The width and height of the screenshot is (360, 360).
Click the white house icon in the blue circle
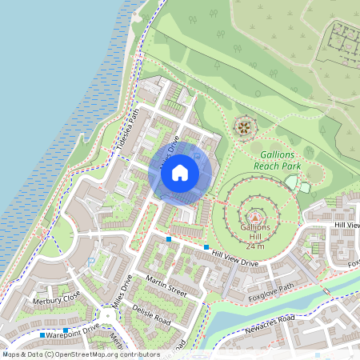pyautogui.click(x=180, y=172)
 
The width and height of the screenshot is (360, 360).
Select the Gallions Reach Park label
pyautogui.click(x=277, y=159)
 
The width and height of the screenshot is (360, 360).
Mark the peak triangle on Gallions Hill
pyautogui.click(x=256, y=216)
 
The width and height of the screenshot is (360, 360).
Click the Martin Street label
pyautogui.click(x=166, y=286)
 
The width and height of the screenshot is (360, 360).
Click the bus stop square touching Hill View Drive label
pyautogui.click(x=206, y=247)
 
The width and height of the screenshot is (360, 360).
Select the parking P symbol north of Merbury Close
pyautogui.click(x=90, y=261)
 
